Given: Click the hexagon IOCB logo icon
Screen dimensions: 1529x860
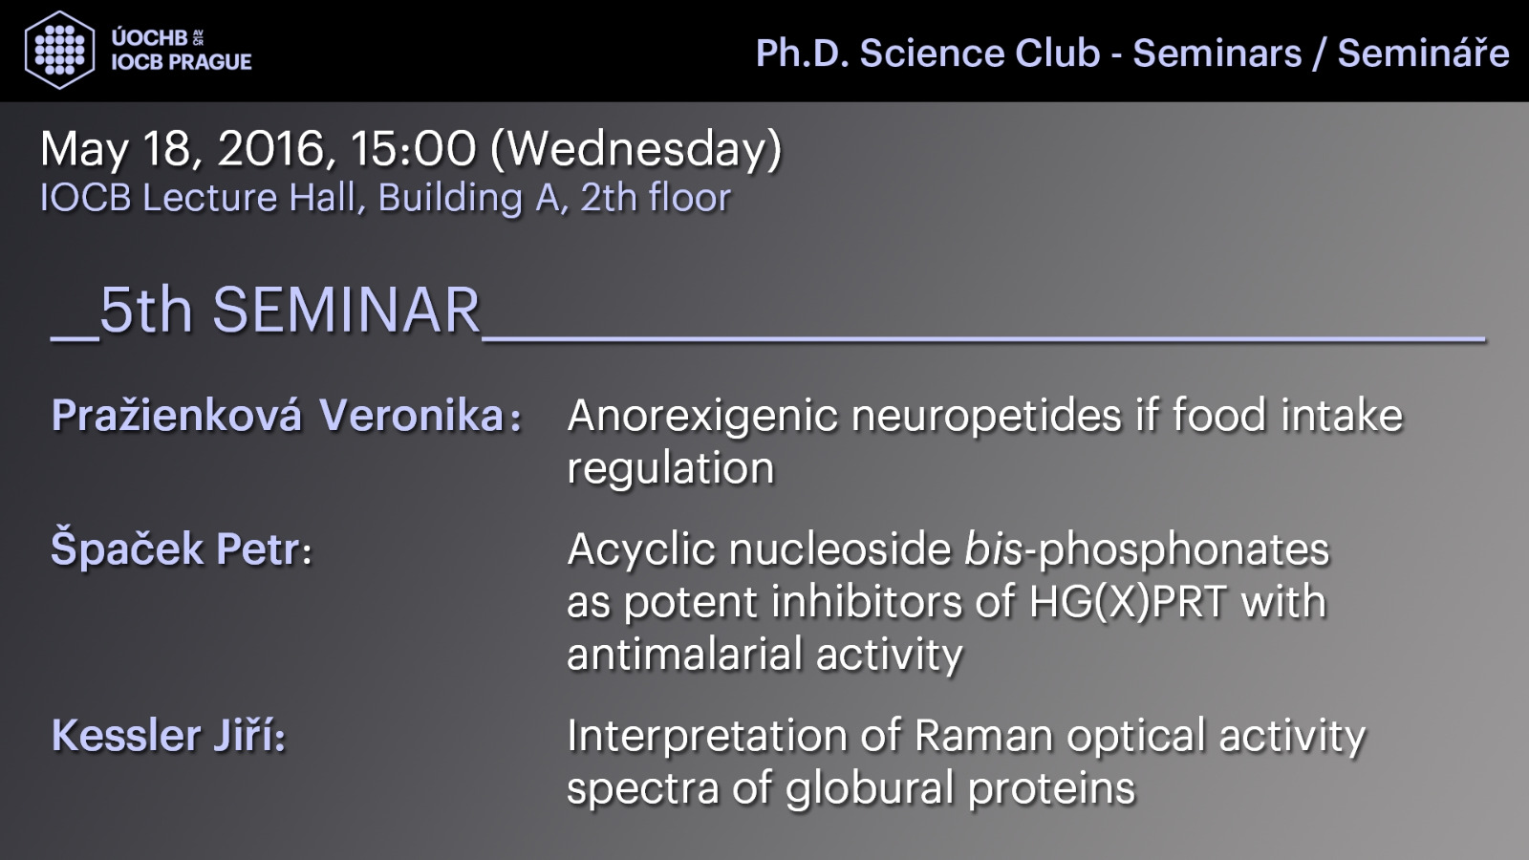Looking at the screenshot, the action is point(59,50).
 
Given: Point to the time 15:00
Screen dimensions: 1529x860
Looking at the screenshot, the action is point(412,148).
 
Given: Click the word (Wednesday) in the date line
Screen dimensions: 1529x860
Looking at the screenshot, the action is point(636,150).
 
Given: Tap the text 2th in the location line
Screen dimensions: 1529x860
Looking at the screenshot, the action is point(609,198).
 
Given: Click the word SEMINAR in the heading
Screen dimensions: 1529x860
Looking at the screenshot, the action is point(347,311).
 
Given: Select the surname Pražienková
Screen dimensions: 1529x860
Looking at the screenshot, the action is point(176,415).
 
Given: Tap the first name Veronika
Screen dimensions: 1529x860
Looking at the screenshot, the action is point(412,415).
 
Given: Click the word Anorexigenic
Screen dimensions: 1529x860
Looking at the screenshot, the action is point(702,417).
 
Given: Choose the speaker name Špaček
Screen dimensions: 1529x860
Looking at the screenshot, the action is point(127,548).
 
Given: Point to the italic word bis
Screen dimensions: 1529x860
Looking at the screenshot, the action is point(993,548).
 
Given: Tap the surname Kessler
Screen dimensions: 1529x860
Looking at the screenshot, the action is point(126,735).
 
